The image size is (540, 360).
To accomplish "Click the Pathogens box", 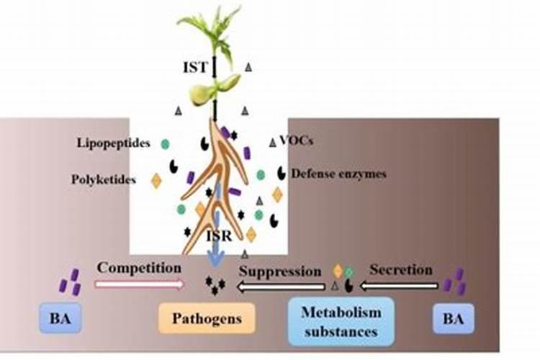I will tap(207, 318).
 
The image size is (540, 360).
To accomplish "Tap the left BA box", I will tap(60, 318).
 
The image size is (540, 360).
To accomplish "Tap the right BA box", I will tap(454, 318).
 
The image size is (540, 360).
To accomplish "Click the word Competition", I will tap(139, 267).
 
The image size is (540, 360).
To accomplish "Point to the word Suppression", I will tap(280, 271).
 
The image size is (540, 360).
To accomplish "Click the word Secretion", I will tap(401, 270).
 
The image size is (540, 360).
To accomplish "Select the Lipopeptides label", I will tap(114, 143).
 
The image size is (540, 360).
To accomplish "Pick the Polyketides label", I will tap(104, 179).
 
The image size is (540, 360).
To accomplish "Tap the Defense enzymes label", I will tap(339, 174).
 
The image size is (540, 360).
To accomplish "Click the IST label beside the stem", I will tap(194, 68).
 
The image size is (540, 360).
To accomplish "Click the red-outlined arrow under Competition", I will tap(139, 284).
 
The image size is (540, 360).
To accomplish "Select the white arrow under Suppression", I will tap(281, 287).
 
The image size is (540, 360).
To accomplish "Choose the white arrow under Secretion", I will tap(399, 287).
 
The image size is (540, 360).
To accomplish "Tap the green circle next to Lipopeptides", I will tap(165, 144).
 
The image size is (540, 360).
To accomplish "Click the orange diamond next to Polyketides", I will tap(156, 180).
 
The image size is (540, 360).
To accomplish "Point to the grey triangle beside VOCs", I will tap(272, 143).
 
